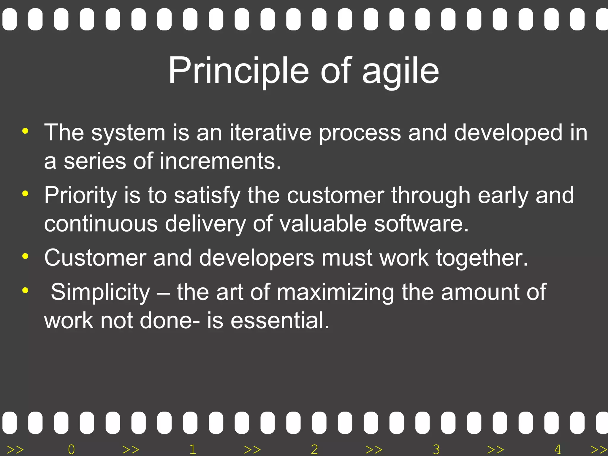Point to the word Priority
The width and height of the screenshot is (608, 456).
point(80,196)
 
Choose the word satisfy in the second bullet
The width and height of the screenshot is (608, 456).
point(207,196)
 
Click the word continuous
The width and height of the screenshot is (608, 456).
point(101,224)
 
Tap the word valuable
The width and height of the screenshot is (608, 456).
point(323,224)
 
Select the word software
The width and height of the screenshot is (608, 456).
point(421,224)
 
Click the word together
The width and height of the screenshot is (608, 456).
point(482,258)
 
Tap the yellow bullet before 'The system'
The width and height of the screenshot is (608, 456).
point(25,131)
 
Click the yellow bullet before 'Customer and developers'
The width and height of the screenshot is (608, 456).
point(25,256)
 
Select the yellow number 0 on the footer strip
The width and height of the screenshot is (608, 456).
point(71,449)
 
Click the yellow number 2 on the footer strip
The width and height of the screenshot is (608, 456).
point(314,449)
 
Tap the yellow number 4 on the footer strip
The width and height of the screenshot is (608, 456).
point(558,449)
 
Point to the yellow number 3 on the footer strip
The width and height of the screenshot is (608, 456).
point(436,449)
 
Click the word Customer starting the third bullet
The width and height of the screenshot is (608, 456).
point(95,258)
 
